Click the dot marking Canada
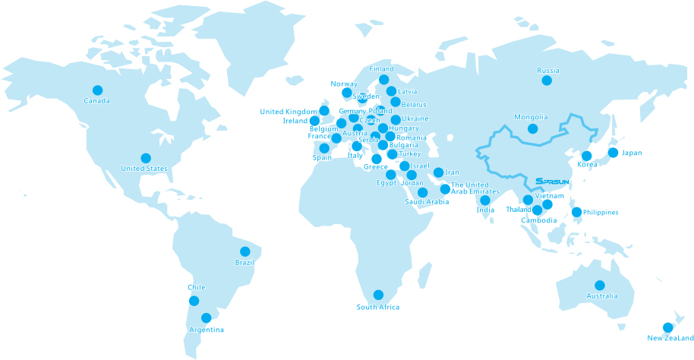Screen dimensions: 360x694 pyautogui.click(x=97, y=90)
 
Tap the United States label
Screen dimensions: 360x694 pyautogui.click(x=144, y=168)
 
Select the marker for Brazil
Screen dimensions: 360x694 pyautogui.click(x=244, y=251)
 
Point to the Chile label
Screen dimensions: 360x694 pyautogui.click(x=197, y=288)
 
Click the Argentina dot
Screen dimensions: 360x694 pyautogui.click(x=206, y=318)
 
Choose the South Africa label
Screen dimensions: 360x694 pyautogui.click(x=377, y=307)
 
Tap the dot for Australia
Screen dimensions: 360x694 pyautogui.click(x=600, y=286)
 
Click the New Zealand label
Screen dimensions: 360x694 pyautogui.click(x=670, y=338)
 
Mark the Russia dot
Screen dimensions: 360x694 pyautogui.click(x=547, y=81)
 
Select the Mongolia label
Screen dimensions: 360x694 pyautogui.click(x=530, y=117)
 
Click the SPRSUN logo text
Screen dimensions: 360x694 pyautogui.click(x=550, y=182)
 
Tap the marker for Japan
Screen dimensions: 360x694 pyautogui.click(x=613, y=153)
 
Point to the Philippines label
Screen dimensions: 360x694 pyautogui.click(x=601, y=213)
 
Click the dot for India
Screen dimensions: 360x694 pyautogui.click(x=485, y=201)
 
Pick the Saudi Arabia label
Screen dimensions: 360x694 pyautogui.click(x=426, y=202)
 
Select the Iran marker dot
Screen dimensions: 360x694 pyautogui.click(x=438, y=172)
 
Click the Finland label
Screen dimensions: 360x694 pyautogui.click(x=381, y=69)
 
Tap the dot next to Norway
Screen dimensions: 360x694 pyautogui.click(x=347, y=93)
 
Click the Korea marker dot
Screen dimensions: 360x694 pyautogui.click(x=586, y=156)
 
